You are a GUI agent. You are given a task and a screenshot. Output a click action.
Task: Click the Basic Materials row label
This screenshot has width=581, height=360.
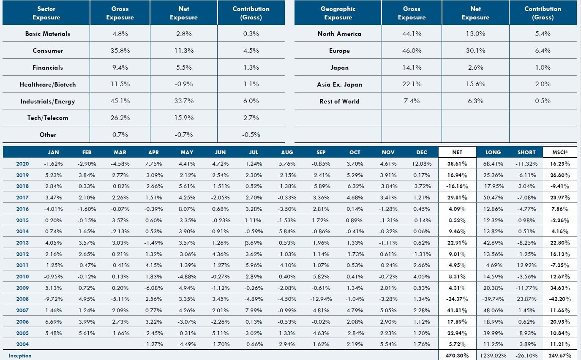tap(48, 34)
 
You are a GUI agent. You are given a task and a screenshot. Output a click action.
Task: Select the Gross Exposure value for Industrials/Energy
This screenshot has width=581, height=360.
tap(120, 101)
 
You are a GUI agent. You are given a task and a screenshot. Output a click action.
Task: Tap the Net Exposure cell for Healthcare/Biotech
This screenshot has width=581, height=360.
tap(184, 84)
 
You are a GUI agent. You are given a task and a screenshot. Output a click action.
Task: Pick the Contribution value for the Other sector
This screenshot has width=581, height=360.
tap(251, 135)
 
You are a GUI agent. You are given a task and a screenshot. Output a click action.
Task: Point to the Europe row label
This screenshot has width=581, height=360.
tap(339, 51)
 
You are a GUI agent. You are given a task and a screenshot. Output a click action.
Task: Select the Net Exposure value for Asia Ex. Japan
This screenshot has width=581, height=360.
tap(475, 84)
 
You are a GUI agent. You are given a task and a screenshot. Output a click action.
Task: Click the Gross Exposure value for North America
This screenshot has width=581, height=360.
tap(412, 34)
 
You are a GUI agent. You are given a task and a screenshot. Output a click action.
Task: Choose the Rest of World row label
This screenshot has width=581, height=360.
tap(339, 101)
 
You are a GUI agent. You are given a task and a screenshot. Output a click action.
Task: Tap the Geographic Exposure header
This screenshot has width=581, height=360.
tap(338, 13)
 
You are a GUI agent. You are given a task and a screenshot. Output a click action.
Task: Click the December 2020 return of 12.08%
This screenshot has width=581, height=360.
tap(421, 164)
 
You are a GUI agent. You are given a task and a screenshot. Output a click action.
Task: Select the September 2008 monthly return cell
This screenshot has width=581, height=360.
tap(321, 299)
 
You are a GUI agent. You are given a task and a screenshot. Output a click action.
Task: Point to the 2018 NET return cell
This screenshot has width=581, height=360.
tap(457, 186)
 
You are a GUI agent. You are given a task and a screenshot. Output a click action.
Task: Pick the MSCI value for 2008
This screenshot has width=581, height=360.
tap(561, 299)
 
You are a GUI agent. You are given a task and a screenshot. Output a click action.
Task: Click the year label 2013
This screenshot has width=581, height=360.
tap(22, 243)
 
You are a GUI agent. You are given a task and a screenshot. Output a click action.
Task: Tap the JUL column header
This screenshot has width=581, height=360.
tap(253, 152)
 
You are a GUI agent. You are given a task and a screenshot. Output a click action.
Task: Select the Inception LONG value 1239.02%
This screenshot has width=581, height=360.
tap(493, 356)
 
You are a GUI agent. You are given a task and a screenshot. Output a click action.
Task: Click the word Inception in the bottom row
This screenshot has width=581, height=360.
tap(20, 356)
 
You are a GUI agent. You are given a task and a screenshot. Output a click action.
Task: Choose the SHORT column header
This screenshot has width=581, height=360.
tap(526, 152)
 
